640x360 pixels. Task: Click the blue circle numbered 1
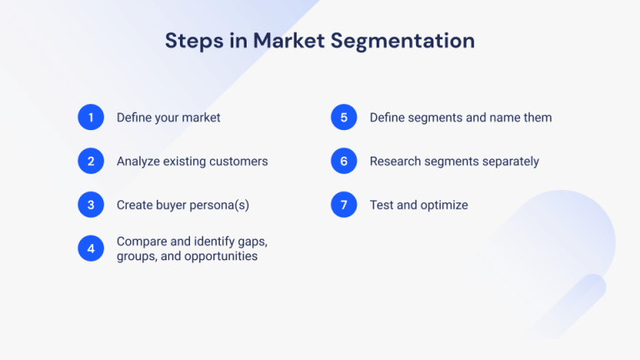(91, 117)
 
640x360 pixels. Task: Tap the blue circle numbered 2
(91, 161)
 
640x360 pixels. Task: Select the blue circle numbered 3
(91, 205)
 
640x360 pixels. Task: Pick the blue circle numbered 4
(91, 248)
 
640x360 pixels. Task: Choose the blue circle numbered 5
(343, 117)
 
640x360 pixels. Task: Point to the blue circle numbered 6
(343, 161)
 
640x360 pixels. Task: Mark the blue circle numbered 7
(343, 205)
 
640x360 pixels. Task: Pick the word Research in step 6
(396, 162)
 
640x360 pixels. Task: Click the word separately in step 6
(509, 162)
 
